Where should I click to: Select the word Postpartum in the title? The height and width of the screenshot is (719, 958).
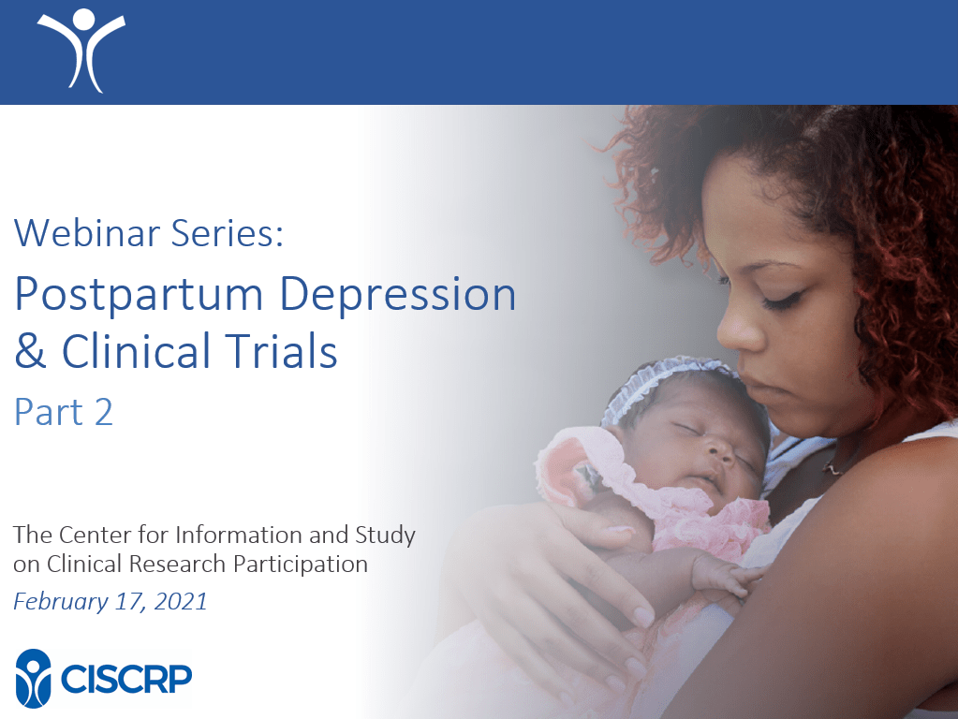point(139,296)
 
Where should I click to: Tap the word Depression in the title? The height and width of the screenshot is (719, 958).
point(398,296)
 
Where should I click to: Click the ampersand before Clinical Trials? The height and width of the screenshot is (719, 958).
point(30,351)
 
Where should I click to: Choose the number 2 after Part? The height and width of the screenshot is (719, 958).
point(103,412)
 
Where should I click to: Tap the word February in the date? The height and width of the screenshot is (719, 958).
point(61,602)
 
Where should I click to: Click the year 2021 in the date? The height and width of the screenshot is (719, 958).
point(180,601)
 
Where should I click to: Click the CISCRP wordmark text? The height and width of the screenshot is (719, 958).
point(126,678)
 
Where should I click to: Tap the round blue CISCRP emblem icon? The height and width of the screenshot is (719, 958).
point(33,678)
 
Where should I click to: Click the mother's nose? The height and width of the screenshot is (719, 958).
point(738,330)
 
